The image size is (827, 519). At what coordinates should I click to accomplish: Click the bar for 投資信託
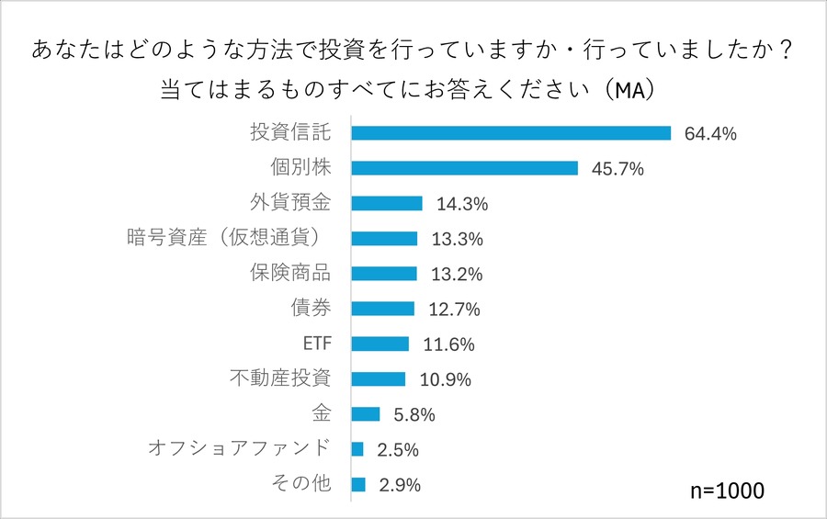pos(511,133)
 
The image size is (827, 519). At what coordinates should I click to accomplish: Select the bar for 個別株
pos(464,168)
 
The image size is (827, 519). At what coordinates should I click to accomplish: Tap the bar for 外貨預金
pos(387,203)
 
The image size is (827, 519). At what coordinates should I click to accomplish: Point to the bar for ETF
pos(380,344)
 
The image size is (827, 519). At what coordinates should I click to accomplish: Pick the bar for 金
pos(366,414)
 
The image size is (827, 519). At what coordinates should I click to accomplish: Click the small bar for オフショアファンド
pos(357,449)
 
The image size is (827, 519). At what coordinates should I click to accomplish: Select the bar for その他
pos(358,484)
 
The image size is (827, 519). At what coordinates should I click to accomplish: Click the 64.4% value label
pos(710,134)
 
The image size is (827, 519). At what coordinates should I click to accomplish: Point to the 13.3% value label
pos(457,240)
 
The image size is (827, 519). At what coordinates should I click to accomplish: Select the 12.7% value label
pos(453,310)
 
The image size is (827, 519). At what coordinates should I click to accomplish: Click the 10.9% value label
pos(445,379)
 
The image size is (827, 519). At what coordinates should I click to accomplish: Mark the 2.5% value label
pos(398,450)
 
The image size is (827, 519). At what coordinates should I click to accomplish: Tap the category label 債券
pos(310,308)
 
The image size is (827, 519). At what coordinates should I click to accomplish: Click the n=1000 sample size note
pos(726,491)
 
